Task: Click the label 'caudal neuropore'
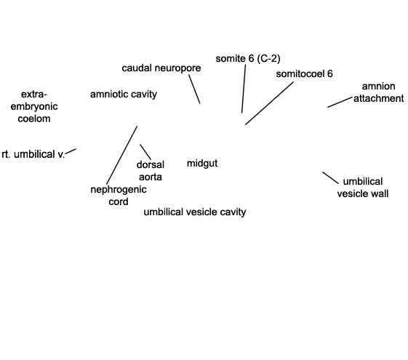[161, 68]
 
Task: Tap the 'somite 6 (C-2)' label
[248, 58]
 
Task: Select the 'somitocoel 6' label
[305, 74]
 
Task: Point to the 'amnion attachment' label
[379, 92]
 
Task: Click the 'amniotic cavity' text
[124, 94]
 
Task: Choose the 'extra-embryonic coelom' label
[34, 106]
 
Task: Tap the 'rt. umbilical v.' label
[33, 154]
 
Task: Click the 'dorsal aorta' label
[151, 171]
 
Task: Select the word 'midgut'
[202, 164]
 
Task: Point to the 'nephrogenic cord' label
[119, 196]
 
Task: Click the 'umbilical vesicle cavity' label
[195, 212]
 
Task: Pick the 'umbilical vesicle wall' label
[363, 188]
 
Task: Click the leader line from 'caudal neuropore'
[195, 89]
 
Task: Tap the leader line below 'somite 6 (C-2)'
[244, 89]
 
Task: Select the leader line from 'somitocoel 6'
[269, 103]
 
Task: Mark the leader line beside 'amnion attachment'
[340, 102]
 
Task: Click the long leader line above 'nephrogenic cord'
[121, 155]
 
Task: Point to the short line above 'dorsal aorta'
[145, 152]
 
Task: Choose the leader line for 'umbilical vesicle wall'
[331, 178]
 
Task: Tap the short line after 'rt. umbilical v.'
[71, 151]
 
